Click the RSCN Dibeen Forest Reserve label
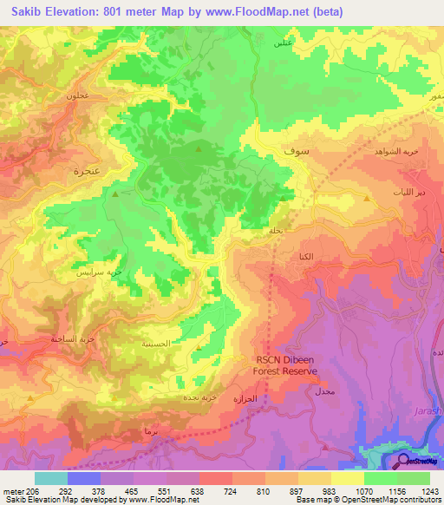pos(285,365)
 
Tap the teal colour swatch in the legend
pos(51,478)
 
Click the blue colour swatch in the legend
pos(84,478)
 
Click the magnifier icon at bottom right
pos(404,461)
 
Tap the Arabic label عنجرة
pos(82,171)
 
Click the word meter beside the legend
pos(12,491)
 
